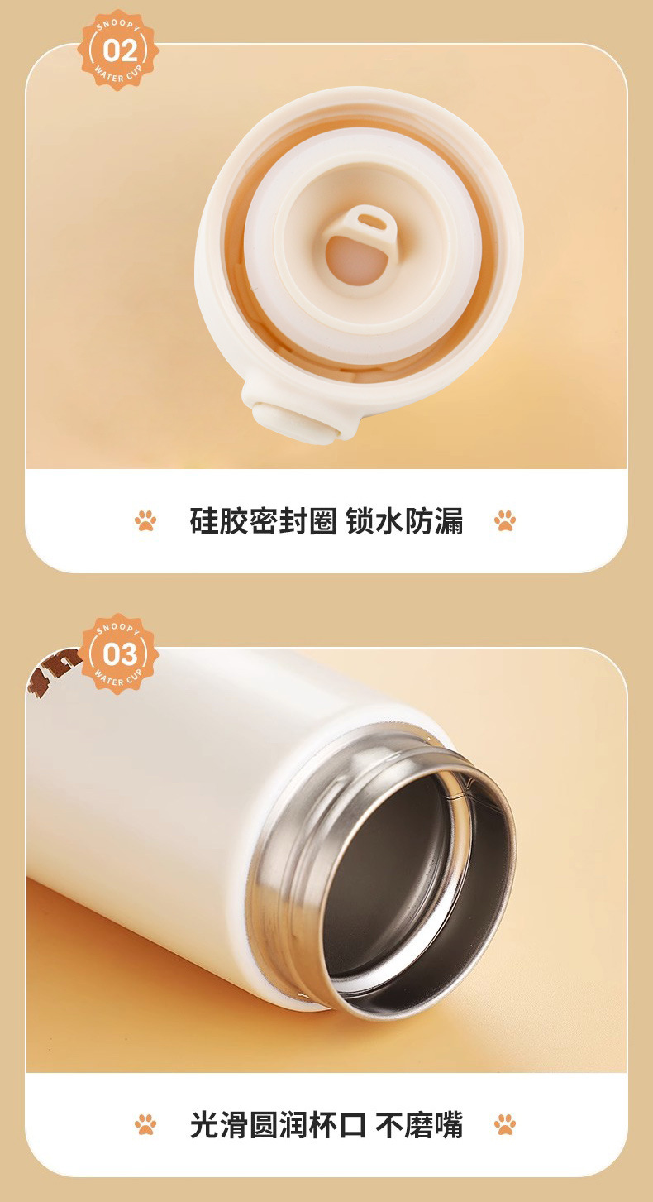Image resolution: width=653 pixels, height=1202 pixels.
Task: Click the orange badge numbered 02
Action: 118,50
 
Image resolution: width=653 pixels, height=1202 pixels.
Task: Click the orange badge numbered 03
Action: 120,654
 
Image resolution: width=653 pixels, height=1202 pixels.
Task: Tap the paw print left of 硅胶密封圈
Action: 145,520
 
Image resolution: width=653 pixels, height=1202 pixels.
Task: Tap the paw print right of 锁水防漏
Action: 504,520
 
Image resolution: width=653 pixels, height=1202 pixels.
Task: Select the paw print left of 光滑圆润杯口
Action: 145,1124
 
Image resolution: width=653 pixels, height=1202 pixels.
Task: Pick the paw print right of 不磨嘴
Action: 504,1124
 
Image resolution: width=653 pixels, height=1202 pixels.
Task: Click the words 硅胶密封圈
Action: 263,520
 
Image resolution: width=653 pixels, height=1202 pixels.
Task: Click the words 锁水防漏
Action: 404,520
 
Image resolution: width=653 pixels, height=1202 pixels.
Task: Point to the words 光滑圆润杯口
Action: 278,1125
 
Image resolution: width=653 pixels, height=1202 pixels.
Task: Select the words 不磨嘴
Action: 419,1125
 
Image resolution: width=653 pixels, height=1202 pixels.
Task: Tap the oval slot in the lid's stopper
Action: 369,221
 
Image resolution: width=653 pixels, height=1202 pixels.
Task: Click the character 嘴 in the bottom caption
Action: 448,1125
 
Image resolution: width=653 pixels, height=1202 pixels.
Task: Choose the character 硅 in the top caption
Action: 203,520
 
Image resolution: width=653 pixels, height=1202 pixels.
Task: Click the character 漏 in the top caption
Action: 449,520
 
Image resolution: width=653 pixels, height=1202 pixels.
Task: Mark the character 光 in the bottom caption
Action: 204,1125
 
